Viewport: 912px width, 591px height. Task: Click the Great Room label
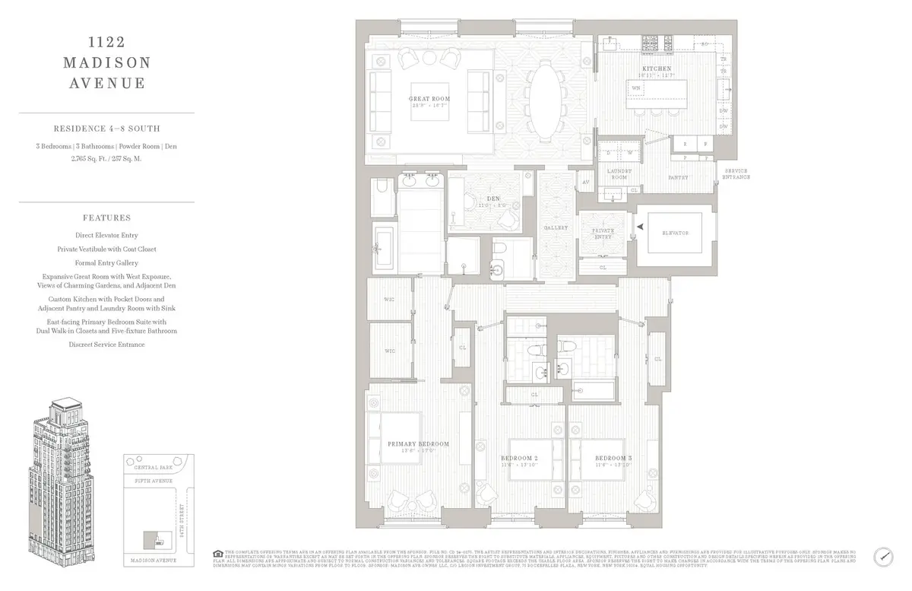tap(431, 99)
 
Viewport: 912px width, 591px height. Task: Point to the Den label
tap(492, 198)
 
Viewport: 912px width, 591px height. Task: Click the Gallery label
tap(556, 228)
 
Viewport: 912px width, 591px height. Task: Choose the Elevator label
tap(675, 233)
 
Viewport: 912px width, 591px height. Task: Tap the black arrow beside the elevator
tap(641, 227)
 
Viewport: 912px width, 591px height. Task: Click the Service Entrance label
tap(736, 173)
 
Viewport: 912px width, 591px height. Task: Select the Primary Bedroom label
tap(418, 443)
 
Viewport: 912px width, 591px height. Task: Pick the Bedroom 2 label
tap(519, 457)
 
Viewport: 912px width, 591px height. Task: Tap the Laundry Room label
tap(619, 174)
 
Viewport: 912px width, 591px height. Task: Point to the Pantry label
tap(678, 177)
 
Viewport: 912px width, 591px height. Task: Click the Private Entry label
tap(602, 232)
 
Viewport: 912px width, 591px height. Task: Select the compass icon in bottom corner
tap(883, 556)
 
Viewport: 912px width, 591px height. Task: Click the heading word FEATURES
tap(107, 218)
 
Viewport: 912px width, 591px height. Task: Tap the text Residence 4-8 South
tap(107, 129)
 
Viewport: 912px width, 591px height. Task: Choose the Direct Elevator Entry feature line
tap(107, 236)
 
